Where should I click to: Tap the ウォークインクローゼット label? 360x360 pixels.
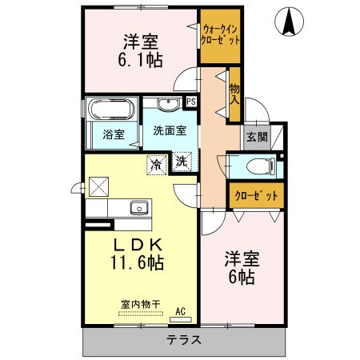[220, 34]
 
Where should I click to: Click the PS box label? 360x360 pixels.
[190, 101]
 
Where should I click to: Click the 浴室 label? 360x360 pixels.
[114, 135]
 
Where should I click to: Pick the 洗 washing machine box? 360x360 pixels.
[182, 161]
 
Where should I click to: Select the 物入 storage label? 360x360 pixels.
[234, 94]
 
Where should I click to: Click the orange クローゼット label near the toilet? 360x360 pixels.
[255, 194]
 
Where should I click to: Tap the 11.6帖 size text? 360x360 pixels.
[137, 262]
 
